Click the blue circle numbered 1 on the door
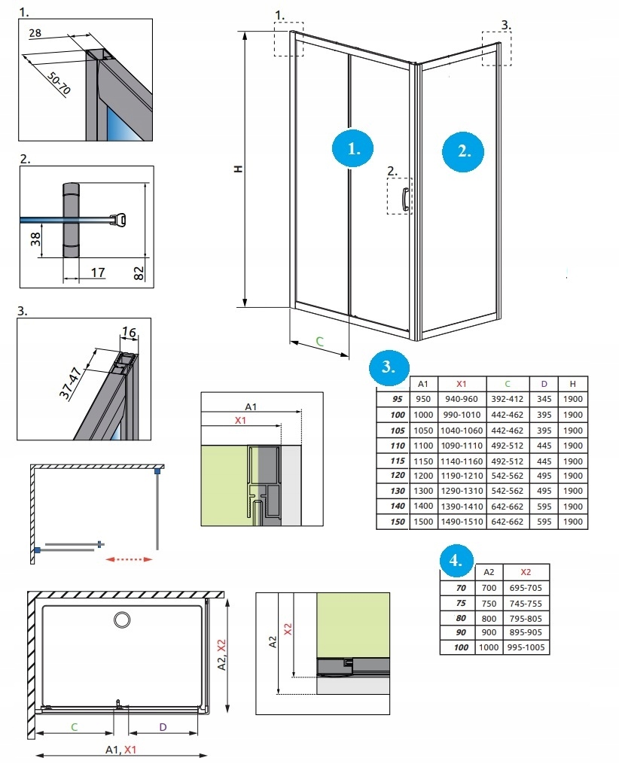(x=354, y=148)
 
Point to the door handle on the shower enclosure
(x=405, y=198)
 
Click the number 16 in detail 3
(x=128, y=331)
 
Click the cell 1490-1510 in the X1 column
(x=461, y=522)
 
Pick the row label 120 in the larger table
(x=398, y=476)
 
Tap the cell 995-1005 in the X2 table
(x=526, y=647)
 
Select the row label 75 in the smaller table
(x=461, y=603)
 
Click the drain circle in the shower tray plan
(x=121, y=619)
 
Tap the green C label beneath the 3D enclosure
(x=319, y=342)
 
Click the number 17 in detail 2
(x=98, y=272)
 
